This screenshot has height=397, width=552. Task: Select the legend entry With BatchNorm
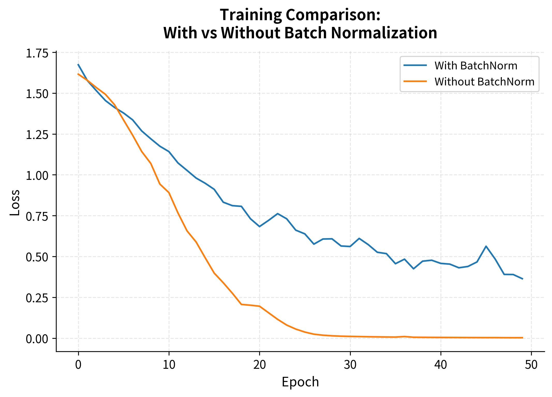point(475,66)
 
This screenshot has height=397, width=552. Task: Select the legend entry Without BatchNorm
point(484,82)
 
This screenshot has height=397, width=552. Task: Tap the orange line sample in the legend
point(415,81)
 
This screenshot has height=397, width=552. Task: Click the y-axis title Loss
point(15,202)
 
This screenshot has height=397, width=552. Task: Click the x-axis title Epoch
point(300,382)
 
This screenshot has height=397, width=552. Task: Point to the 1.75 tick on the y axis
point(37,54)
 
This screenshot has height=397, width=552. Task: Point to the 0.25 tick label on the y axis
point(37,298)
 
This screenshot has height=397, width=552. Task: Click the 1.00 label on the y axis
point(37,176)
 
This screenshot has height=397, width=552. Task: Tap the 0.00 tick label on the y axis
point(37,339)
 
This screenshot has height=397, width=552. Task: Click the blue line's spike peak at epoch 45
point(486,246)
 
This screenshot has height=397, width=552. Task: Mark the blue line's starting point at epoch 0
point(78,64)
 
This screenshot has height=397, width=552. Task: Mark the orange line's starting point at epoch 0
point(78,74)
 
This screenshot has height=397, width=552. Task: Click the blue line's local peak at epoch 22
point(278,214)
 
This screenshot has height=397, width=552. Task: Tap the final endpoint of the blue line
point(523,279)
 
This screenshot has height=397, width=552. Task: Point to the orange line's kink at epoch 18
point(241,304)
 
